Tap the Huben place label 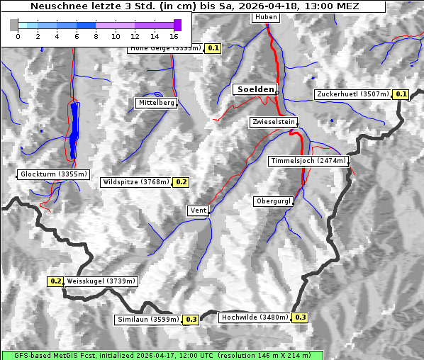click(x=265, y=17)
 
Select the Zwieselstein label click(x=273, y=123)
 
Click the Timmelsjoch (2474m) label click(x=308, y=162)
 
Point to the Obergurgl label click(x=273, y=202)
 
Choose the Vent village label click(x=199, y=210)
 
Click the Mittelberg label click(x=156, y=103)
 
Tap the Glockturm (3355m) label click(x=54, y=174)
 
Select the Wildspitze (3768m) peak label click(x=136, y=182)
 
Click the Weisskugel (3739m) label click(x=101, y=281)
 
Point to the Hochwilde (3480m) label click(x=255, y=317)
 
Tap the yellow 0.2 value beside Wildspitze click(x=182, y=182)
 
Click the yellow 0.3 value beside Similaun click(x=191, y=320)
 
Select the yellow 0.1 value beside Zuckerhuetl click(x=401, y=94)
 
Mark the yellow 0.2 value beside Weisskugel click(x=56, y=281)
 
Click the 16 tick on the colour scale click(x=174, y=36)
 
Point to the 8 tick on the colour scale click(x=96, y=36)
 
